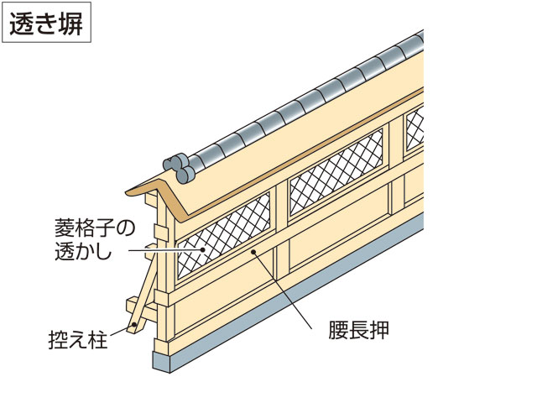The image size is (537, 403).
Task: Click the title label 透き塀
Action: pyautogui.click(x=46, y=25)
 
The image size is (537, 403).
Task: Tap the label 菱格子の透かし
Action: pyautogui.click(x=87, y=239)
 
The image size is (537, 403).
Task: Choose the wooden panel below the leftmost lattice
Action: pyautogui.click(x=227, y=294)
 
